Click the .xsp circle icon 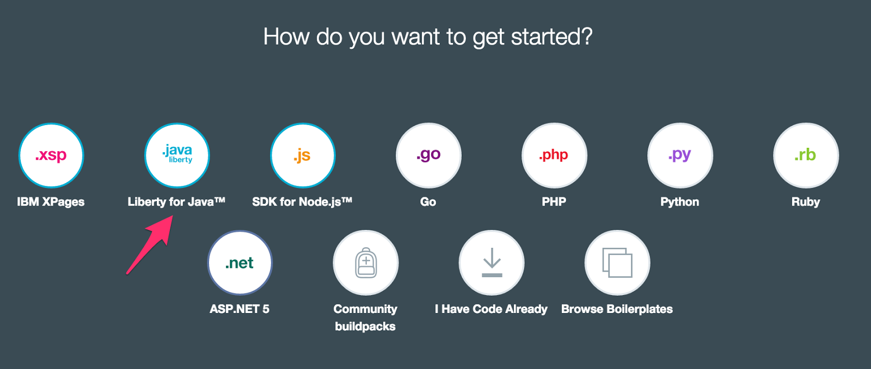point(51,155)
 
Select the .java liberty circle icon point(177,155)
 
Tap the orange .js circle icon point(303,155)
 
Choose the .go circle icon point(428,155)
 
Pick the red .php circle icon point(554,155)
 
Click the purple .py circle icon point(680,155)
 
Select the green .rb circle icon point(806,155)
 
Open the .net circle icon point(240,262)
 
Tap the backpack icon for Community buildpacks point(366,262)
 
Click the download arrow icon point(492,262)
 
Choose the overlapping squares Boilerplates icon point(617,262)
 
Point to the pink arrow point(150,245)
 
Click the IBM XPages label point(51,202)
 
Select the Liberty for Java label point(176,202)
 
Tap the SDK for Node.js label point(302,202)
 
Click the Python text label point(680,202)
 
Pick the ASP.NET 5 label point(240,309)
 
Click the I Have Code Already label point(491,309)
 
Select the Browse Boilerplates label point(617,309)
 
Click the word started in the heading point(551,36)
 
